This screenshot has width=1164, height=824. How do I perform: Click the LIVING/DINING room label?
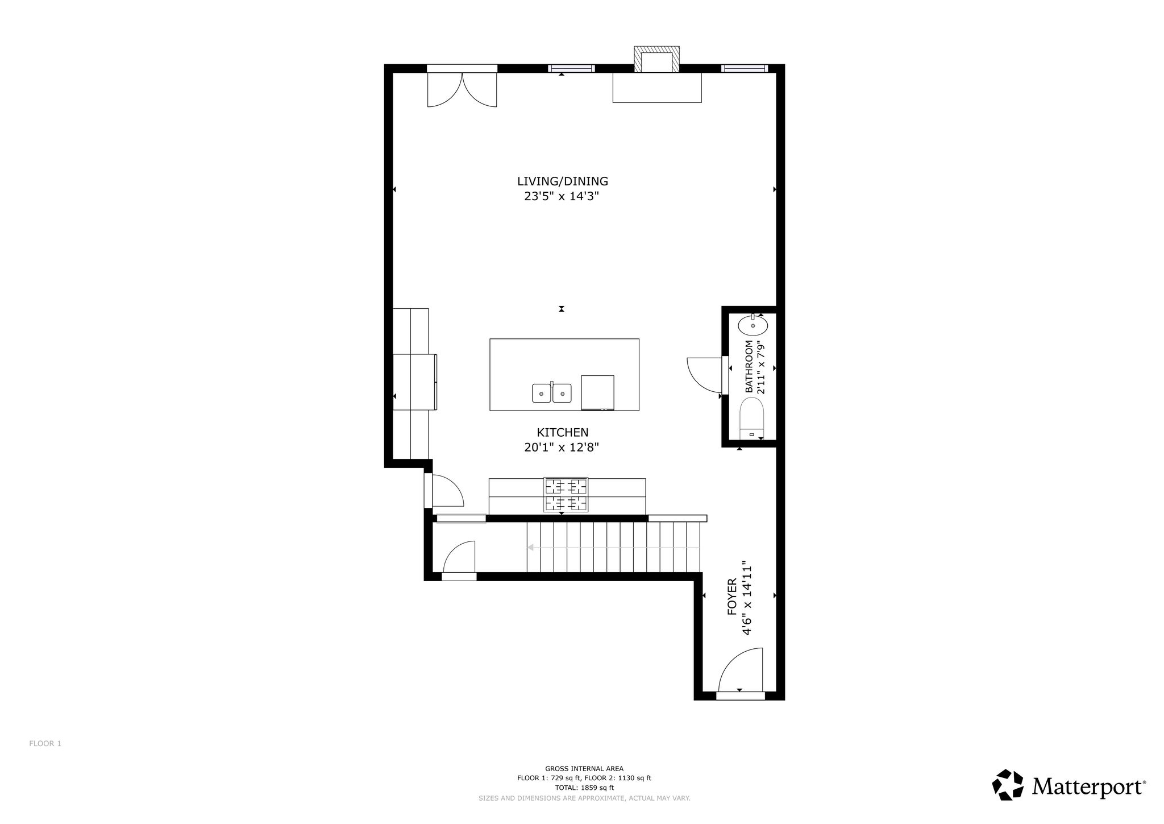point(562,181)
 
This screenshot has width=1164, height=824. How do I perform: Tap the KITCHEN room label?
point(562,433)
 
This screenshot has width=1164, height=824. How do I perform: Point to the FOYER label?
point(732,597)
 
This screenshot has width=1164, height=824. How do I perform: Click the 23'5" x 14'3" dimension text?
point(562,196)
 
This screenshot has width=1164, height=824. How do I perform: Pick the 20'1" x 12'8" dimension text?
point(562,448)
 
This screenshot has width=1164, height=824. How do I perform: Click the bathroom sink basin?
point(753,325)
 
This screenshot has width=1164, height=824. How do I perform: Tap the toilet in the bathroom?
point(753,419)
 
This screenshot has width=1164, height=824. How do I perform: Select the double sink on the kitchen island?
point(552,393)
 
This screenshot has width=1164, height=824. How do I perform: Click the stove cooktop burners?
point(566,495)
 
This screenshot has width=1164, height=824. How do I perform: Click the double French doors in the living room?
point(462,89)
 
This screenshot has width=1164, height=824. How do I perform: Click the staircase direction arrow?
point(613,548)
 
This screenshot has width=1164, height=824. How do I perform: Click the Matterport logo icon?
point(1008,786)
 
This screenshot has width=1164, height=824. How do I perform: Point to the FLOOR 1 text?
point(45,743)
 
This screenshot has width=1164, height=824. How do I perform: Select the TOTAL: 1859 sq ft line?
point(584,788)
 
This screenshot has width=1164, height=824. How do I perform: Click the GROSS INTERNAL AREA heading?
point(584,768)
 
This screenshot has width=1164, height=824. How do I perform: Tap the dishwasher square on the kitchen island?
point(597,392)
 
